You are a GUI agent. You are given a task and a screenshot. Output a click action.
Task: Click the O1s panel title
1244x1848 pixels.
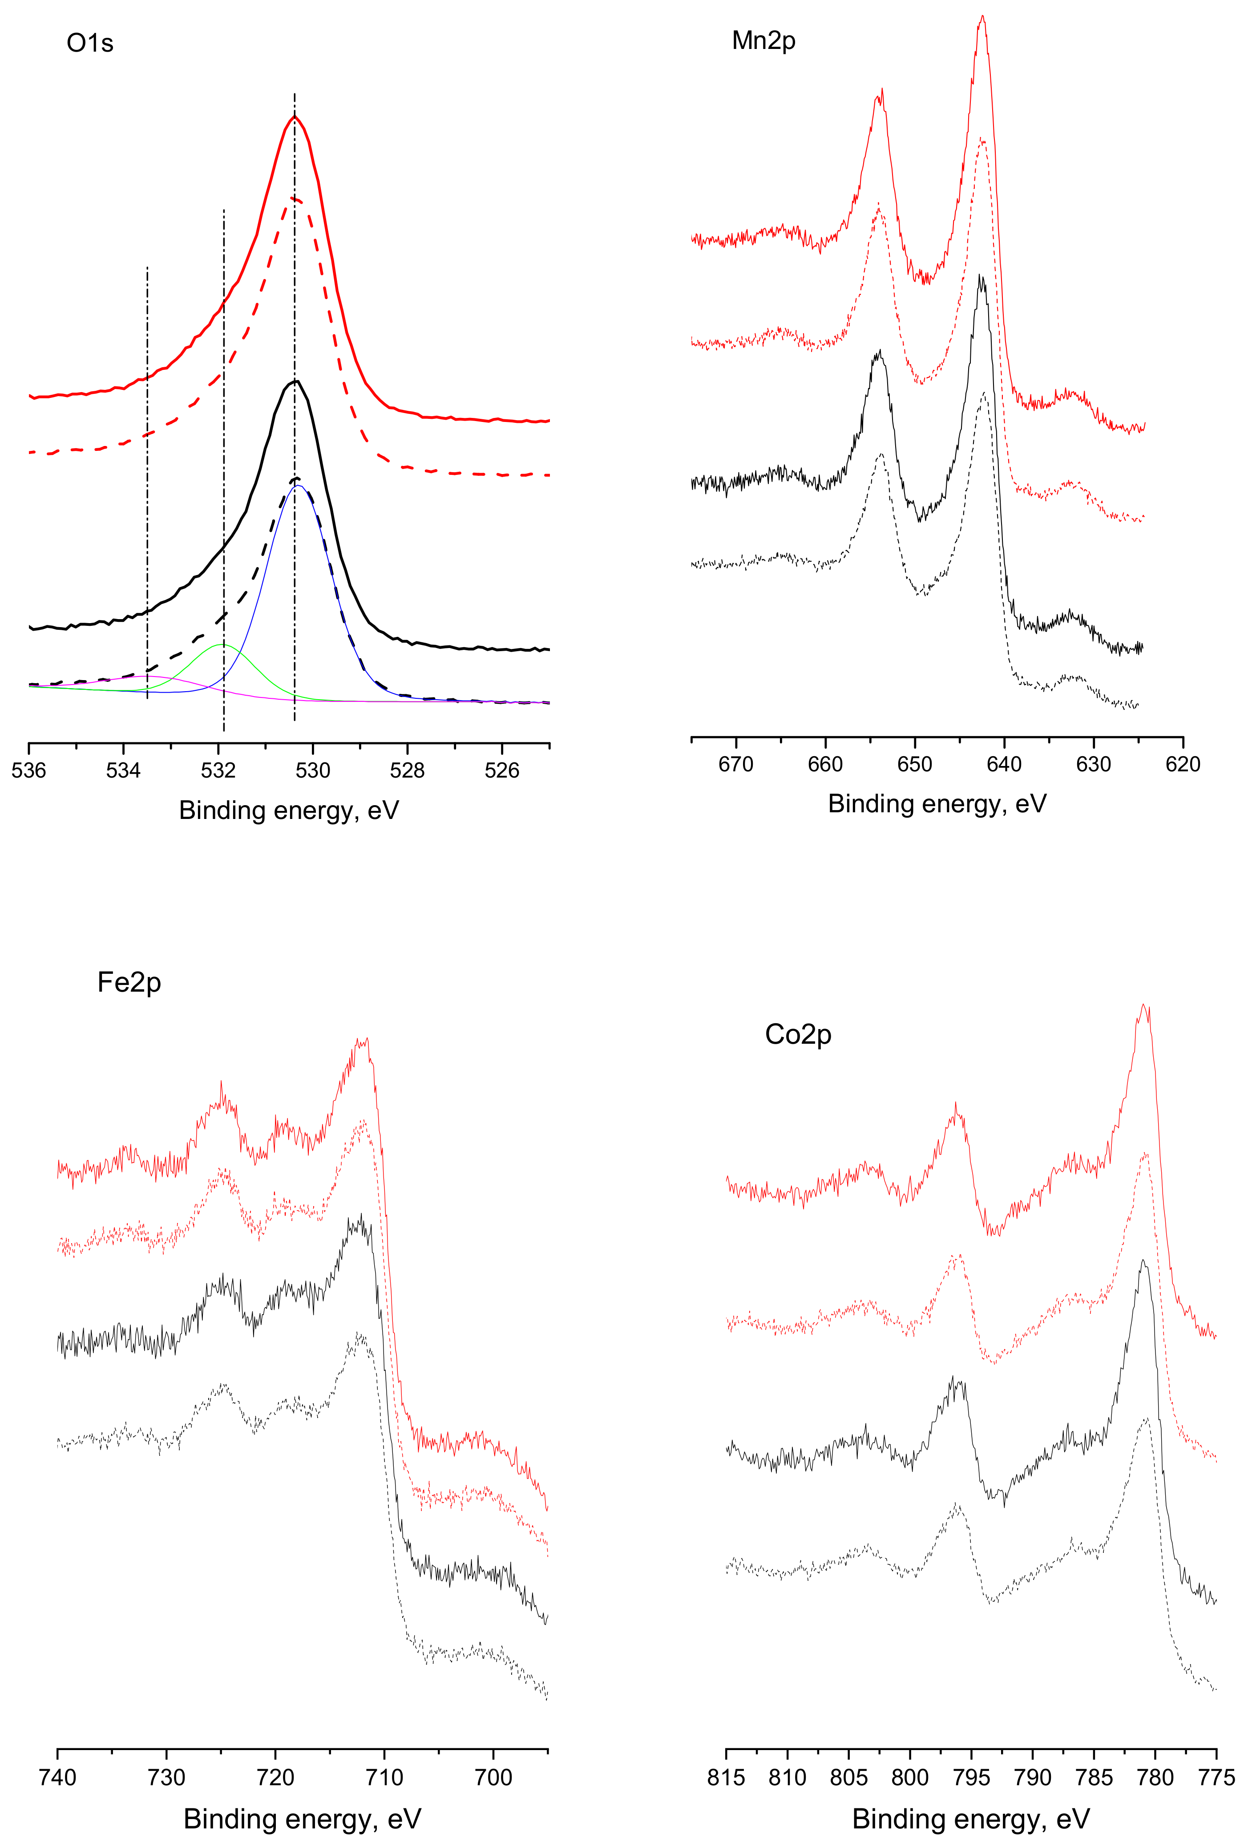pos(89,43)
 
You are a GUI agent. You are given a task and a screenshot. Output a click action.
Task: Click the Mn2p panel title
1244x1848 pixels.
pos(763,41)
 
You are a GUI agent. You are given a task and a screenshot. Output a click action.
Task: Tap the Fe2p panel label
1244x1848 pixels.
pos(129,982)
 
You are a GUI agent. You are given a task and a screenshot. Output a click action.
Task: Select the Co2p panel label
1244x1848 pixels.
pos(797,1035)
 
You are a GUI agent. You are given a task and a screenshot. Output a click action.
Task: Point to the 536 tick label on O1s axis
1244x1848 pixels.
pos(28,770)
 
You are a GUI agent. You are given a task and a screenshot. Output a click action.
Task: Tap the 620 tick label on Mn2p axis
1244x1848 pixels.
pos(1183,764)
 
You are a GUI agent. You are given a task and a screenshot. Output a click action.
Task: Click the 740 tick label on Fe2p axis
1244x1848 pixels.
pos(57,1777)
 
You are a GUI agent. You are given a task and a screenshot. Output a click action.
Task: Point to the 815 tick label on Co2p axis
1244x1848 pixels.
pos(726,1777)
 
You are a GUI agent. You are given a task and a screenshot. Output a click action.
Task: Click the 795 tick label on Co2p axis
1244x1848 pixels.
pos(971,1777)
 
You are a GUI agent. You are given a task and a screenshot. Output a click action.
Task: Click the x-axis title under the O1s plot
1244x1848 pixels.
pos(289,810)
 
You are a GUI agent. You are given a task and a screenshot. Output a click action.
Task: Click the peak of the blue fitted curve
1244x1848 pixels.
pos(298,486)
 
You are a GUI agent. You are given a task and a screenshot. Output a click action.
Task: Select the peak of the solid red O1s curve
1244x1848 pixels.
pos(295,117)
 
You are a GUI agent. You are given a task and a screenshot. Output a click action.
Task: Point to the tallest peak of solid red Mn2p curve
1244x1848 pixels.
pos(982,16)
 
